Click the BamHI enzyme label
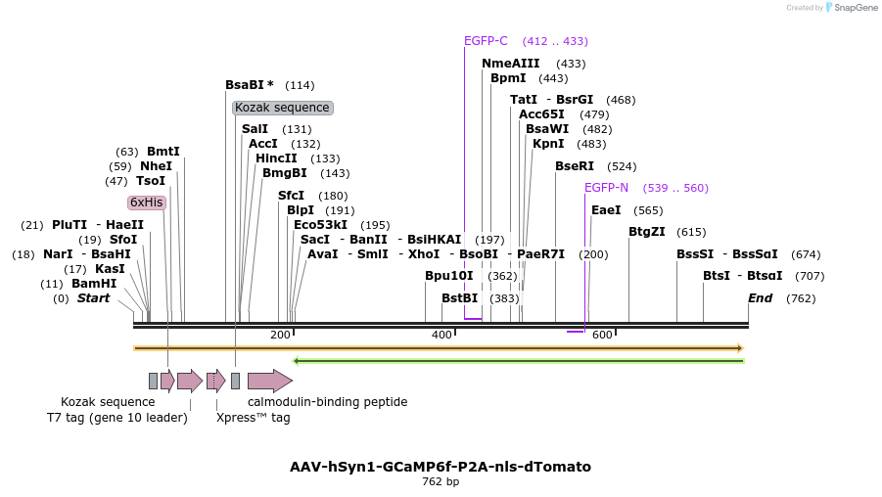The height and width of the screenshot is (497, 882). coord(94,284)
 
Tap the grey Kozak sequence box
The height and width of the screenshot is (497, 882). coord(282,108)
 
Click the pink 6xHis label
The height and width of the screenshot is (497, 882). coord(147,203)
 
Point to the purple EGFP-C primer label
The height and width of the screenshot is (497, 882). coord(486,41)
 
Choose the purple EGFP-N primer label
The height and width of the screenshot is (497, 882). coord(606,188)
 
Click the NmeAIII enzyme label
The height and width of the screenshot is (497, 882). coord(510,64)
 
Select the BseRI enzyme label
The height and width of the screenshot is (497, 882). coord(575,166)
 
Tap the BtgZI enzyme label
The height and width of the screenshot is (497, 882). coord(646,232)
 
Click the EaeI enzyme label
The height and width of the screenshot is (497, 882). coord(606,210)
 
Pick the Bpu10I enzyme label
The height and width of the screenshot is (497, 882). coord(448,276)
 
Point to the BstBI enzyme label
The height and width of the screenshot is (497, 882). coord(459,298)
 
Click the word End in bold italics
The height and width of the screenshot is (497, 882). coord(761,298)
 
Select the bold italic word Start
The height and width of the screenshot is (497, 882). coord(93,298)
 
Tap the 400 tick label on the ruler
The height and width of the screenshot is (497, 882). coord(441,335)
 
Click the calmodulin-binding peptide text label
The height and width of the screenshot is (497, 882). coord(327,402)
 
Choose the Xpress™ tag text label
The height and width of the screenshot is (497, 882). coord(254,418)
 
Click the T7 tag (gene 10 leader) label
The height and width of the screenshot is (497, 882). coord(116,418)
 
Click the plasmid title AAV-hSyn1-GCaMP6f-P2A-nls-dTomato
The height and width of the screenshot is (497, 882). coord(441,467)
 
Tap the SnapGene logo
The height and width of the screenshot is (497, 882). coord(851,8)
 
